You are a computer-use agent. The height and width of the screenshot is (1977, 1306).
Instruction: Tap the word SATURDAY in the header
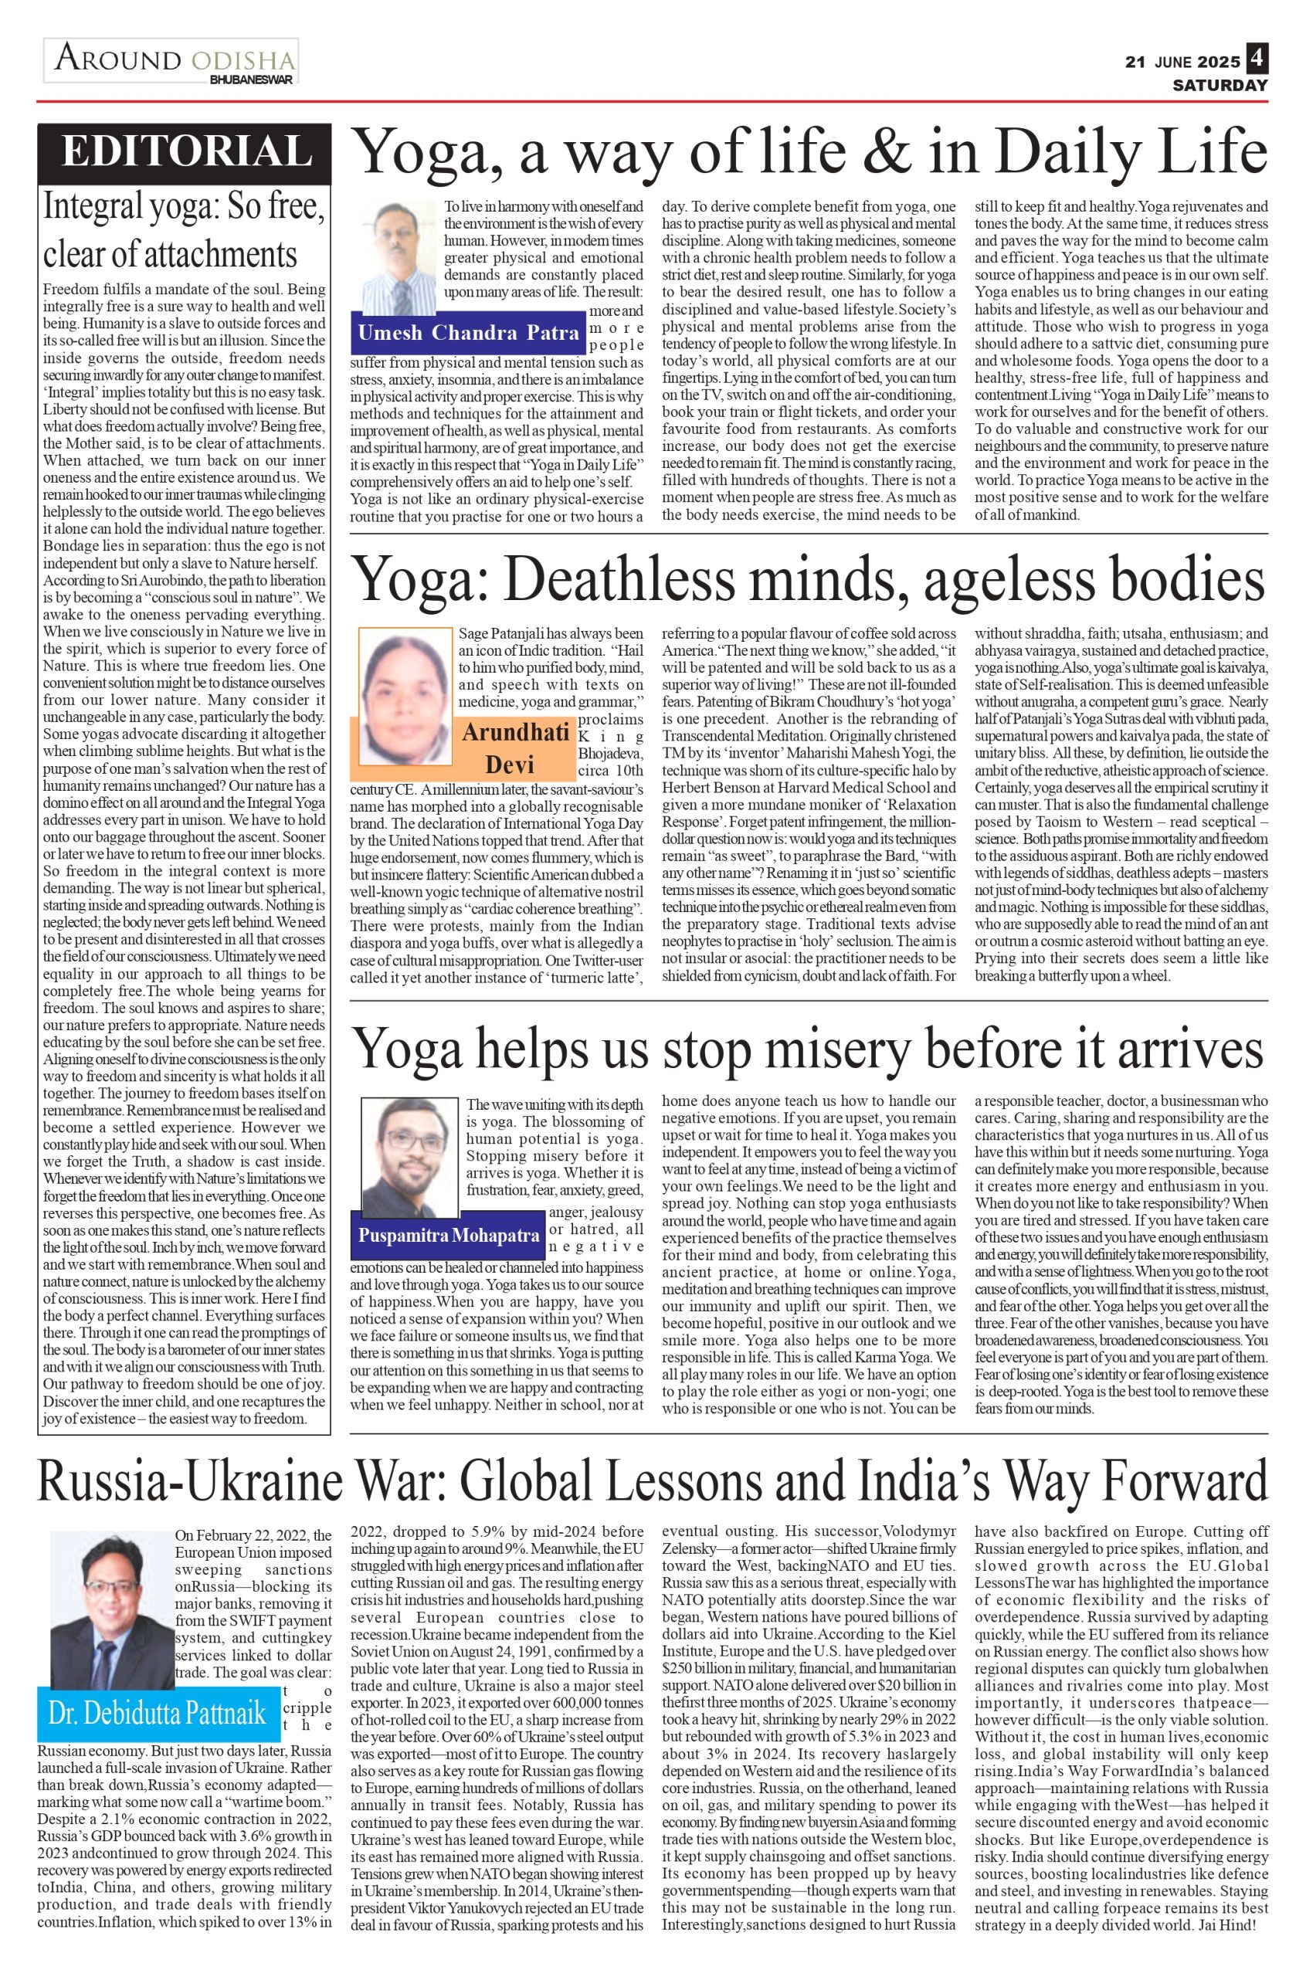click(1219, 85)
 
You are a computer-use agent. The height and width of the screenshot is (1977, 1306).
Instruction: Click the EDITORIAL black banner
click(185, 152)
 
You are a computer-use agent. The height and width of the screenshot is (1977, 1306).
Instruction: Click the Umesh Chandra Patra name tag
click(468, 333)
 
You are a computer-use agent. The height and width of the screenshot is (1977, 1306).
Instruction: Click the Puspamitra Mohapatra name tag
click(449, 1233)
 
